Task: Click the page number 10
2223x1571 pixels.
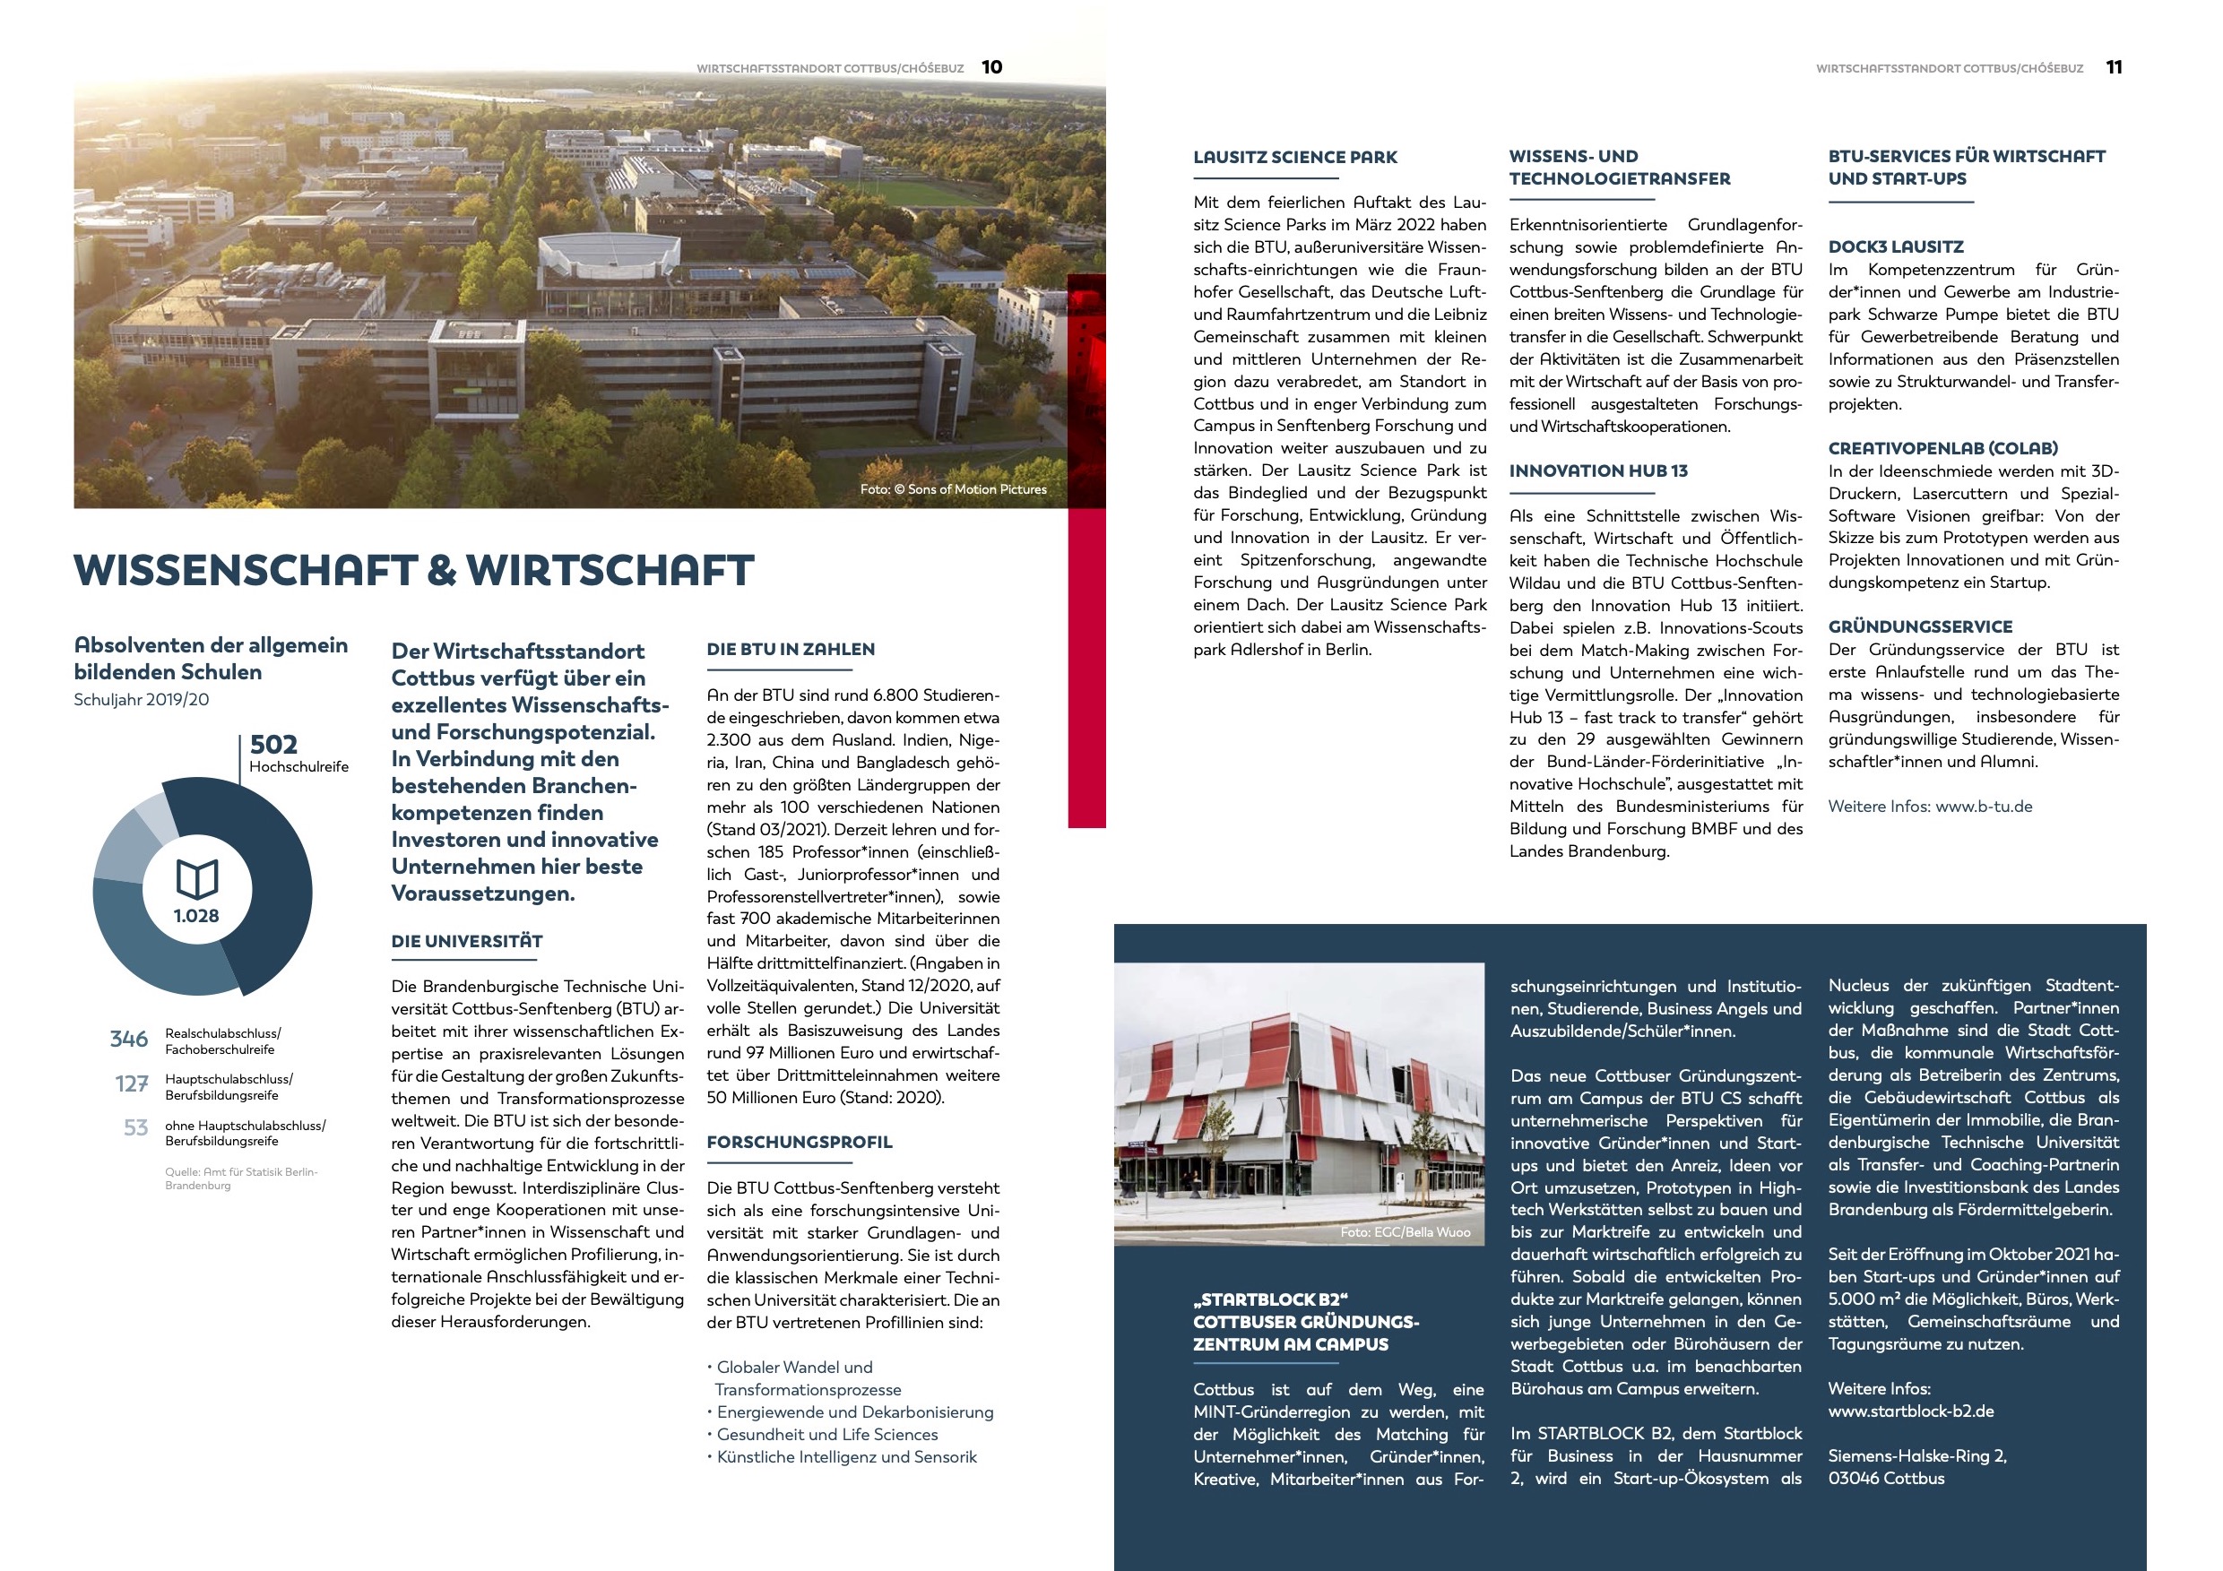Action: click(x=991, y=67)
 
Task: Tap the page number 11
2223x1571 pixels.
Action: click(x=2114, y=67)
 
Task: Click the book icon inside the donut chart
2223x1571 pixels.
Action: click(x=197, y=878)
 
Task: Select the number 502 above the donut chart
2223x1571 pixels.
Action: click(x=274, y=745)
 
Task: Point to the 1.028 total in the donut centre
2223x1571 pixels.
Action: click(x=196, y=916)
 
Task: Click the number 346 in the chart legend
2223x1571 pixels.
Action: click(x=129, y=1040)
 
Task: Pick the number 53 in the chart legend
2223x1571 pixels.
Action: click(x=135, y=1127)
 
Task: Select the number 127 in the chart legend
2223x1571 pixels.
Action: click(x=132, y=1084)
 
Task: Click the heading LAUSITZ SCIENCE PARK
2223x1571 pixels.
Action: click(x=1294, y=157)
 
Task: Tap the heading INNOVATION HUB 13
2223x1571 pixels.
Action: click(x=1597, y=471)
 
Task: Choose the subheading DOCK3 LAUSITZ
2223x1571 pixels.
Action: click(x=1896, y=246)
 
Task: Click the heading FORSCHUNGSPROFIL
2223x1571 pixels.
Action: click(x=799, y=1143)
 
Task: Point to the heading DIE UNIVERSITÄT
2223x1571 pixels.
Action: click(x=467, y=941)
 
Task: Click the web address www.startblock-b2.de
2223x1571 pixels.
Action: click(x=1910, y=1411)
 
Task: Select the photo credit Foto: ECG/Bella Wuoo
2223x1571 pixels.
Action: click(x=1405, y=1232)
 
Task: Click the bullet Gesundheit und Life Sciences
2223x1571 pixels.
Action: click(x=826, y=1435)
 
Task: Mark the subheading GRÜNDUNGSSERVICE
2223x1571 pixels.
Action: click(x=1920, y=627)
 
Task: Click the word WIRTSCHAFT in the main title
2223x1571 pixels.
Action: click(x=610, y=570)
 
